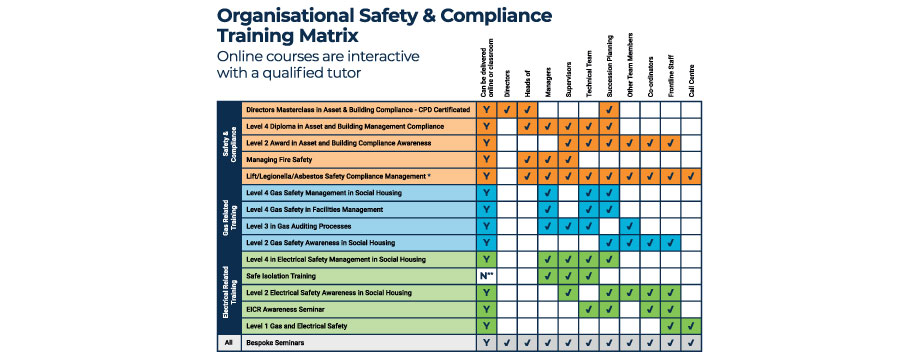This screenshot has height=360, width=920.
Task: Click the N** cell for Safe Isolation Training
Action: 485,276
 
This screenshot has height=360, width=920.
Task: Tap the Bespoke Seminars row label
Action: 274,343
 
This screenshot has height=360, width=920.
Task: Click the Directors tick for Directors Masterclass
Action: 507,110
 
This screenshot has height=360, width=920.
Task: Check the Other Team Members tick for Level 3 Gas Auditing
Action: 630,226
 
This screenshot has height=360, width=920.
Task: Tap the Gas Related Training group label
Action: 229,218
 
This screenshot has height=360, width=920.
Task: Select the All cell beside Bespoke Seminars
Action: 229,343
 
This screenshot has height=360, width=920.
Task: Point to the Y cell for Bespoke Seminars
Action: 485,343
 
